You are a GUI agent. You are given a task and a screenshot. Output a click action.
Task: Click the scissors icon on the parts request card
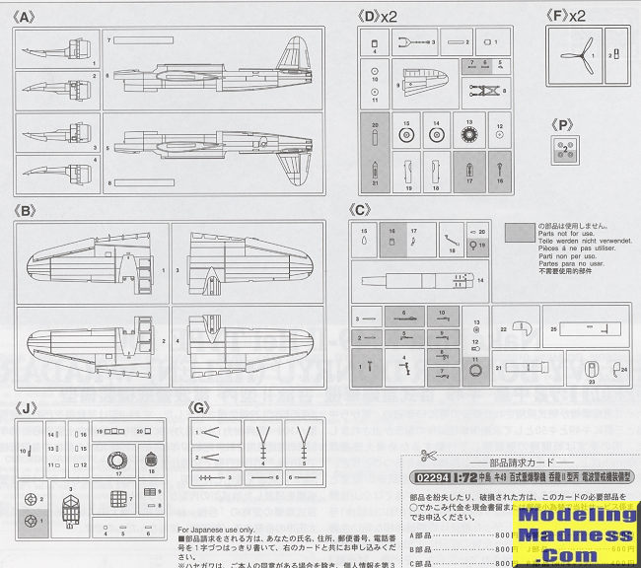click(427, 456)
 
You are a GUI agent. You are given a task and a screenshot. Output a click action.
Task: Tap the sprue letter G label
click(200, 406)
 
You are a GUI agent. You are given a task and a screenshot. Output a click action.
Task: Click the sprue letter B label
click(27, 210)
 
